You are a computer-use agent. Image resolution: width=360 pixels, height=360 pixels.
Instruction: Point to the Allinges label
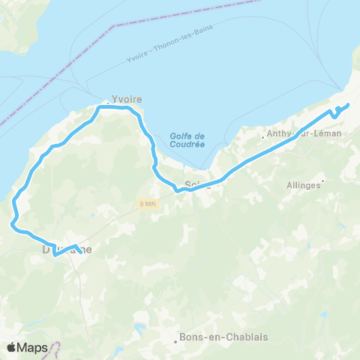point(303,184)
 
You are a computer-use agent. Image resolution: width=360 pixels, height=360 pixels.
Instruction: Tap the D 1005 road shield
point(148,204)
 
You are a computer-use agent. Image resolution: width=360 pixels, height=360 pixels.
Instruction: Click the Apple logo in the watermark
point(12,347)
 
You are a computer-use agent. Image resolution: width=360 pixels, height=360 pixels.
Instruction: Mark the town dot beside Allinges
point(322,181)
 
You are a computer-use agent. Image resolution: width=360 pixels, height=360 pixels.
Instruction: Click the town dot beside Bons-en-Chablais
point(176,341)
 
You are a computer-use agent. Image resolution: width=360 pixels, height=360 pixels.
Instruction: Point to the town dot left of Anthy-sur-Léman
point(262,137)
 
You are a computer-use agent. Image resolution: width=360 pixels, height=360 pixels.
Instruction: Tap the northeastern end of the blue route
point(348,104)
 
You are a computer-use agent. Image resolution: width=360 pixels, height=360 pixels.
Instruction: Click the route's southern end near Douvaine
point(80,251)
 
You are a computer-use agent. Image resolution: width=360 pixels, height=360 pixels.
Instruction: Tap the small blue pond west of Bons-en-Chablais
point(139,328)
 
